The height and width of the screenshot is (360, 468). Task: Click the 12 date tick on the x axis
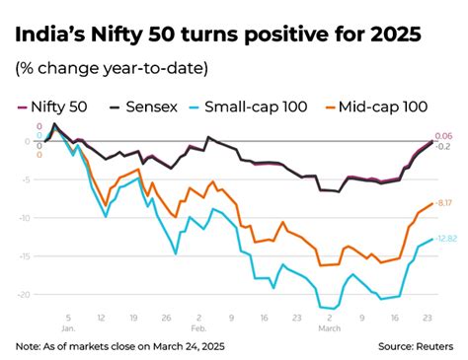point(102,318)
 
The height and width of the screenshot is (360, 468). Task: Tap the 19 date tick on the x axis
point(133,318)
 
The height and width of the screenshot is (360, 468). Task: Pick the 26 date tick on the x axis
point(166,318)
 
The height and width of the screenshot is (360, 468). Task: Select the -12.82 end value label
point(445,239)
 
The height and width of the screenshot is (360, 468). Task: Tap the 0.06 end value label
point(443,135)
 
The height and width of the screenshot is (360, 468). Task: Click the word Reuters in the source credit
point(432,346)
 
